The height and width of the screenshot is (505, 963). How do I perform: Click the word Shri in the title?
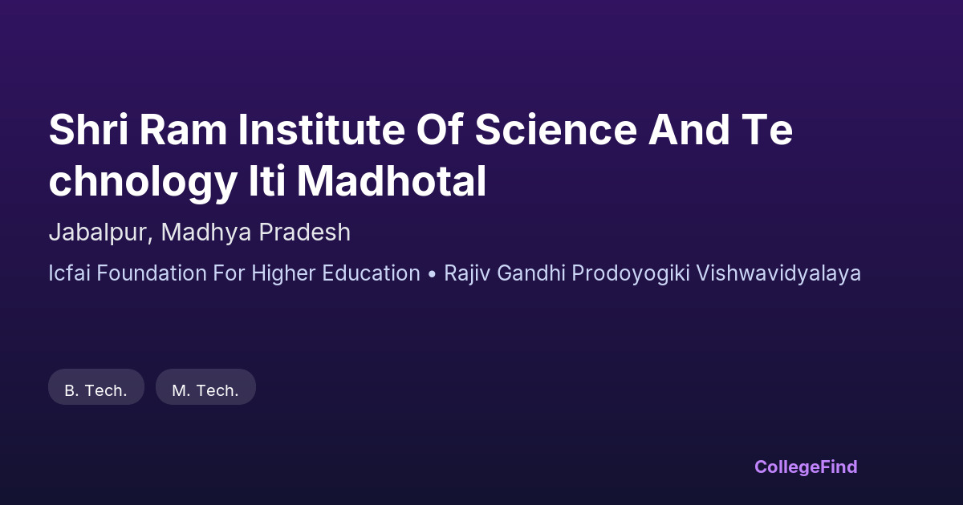[88, 129]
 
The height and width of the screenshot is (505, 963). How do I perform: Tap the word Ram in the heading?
[183, 129]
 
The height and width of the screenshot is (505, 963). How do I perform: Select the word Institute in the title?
[322, 129]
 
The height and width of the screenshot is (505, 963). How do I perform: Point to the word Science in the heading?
[556, 129]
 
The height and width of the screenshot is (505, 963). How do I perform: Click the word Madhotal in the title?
[392, 180]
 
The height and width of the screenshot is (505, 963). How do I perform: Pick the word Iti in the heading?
[267, 180]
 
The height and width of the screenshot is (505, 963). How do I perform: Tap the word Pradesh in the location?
[304, 232]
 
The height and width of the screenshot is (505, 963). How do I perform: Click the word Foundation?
[152, 273]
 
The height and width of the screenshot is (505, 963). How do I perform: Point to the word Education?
[371, 273]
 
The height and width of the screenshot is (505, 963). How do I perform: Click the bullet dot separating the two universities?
[432, 274]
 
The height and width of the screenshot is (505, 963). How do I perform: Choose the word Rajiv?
[467, 273]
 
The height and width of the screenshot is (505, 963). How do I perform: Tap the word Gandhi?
[531, 273]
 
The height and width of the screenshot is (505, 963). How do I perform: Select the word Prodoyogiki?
[631, 273]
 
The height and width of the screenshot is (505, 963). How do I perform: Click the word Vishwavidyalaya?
[778, 273]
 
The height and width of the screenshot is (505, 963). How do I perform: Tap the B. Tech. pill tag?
[95, 387]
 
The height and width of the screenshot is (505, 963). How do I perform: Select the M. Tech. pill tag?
[205, 387]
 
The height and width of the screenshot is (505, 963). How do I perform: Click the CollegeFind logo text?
[806, 467]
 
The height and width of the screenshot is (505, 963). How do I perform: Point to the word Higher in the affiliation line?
[284, 273]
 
